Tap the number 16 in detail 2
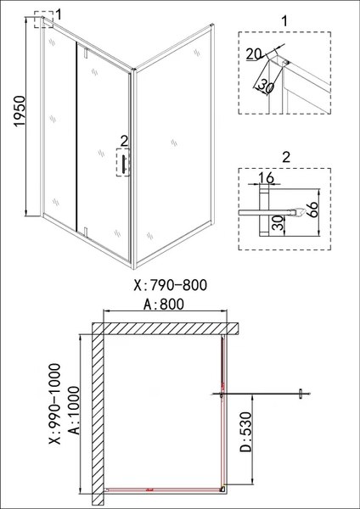pos(265,179)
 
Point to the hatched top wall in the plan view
pos(166,327)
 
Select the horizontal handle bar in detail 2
pos(272,208)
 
